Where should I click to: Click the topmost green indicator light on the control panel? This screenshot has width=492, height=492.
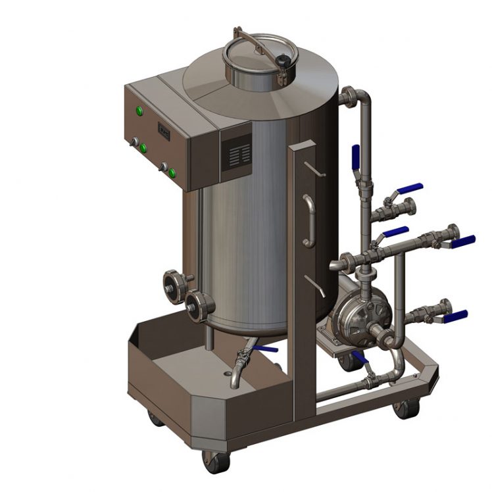[139, 110]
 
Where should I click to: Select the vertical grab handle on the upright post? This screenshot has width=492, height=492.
[308, 220]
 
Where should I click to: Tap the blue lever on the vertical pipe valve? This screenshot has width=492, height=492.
[356, 159]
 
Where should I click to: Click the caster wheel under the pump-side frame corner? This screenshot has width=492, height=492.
[403, 408]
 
